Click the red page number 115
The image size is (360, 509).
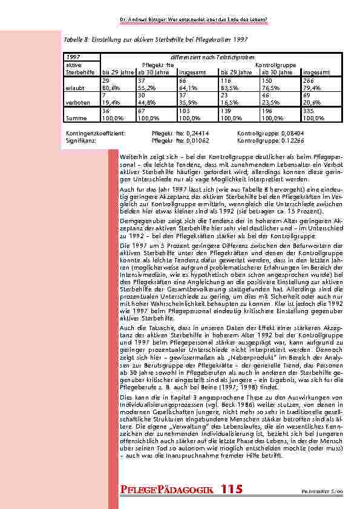232,489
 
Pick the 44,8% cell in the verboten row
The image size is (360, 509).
146,102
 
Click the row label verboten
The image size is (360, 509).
76,102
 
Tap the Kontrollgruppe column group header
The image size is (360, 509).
275,64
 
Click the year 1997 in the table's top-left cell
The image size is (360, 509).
72,56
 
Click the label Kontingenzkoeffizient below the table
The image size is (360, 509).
94,132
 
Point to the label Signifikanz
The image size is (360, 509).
80,138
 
